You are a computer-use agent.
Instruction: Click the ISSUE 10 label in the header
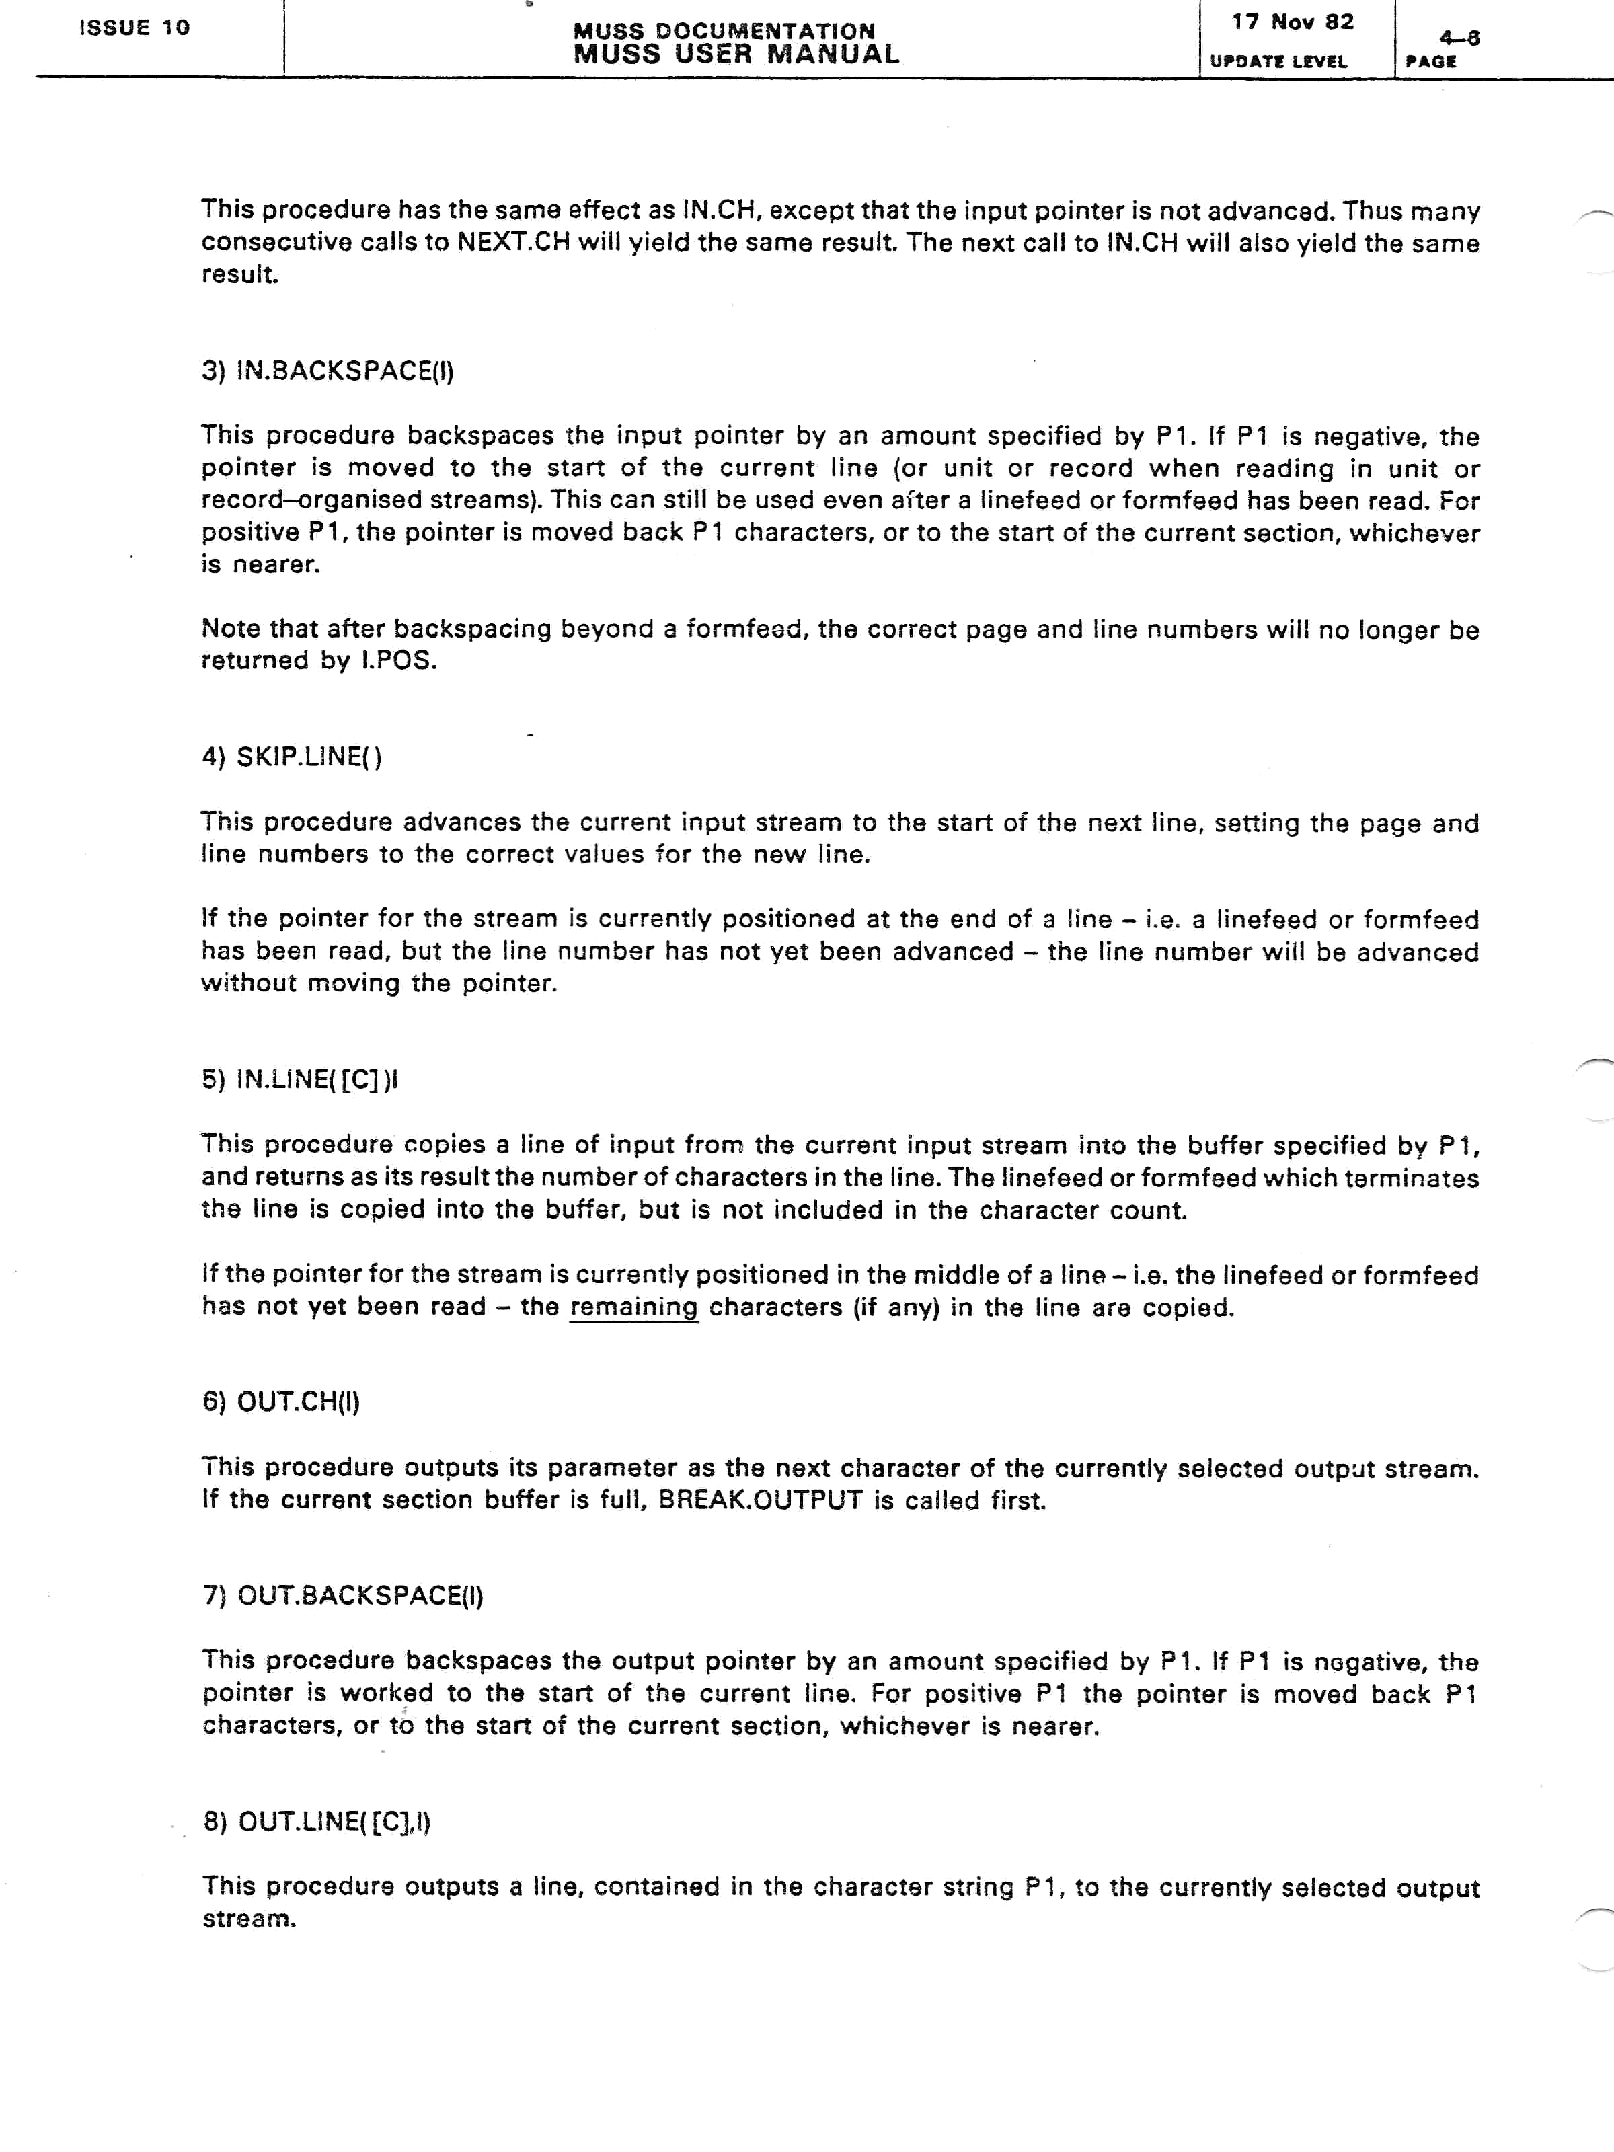point(134,28)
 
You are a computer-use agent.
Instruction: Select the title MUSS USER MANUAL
point(736,54)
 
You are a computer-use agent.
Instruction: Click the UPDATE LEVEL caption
point(1277,61)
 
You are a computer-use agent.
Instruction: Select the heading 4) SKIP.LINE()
point(292,757)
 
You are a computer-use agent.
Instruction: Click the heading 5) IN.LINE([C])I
point(301,1080)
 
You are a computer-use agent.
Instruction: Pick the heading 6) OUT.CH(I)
point(281,1402)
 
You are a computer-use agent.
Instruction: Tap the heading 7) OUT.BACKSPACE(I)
point(342,1596)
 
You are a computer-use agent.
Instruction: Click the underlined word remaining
point(633,1307)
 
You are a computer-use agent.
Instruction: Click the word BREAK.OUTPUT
point(760,1500)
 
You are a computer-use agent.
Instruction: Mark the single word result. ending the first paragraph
point(239,274)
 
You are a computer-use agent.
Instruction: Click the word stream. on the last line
point(249,1919)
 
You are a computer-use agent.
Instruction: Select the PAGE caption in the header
point(1430,61)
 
